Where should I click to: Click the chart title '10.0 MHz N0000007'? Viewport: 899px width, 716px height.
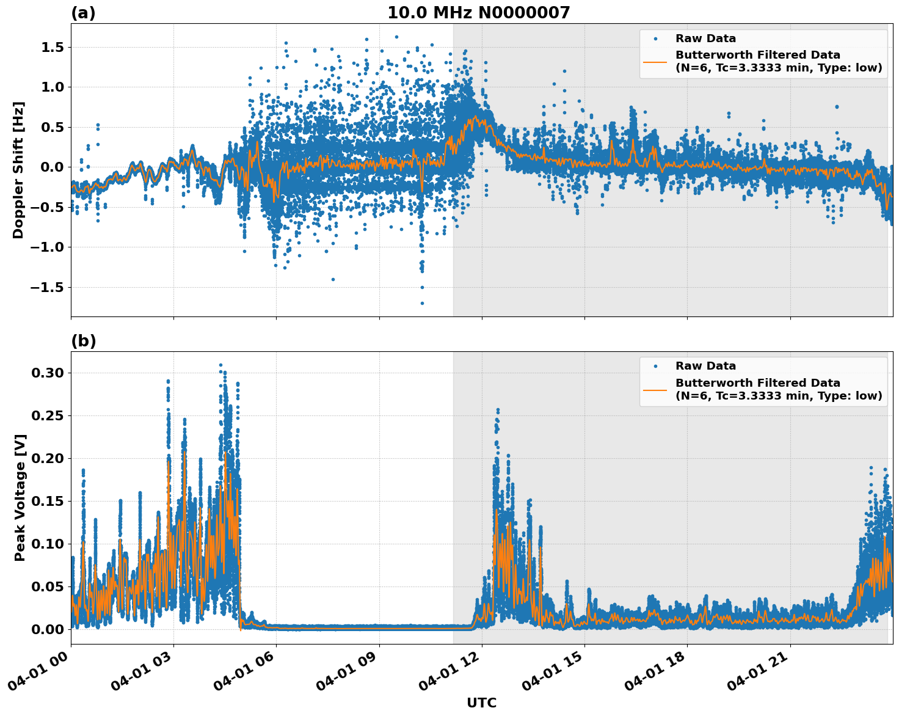(x=478, y=13)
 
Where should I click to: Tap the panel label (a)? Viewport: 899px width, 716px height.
(x=83, y=13)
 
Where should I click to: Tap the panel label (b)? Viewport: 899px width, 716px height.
(x=83, y=341)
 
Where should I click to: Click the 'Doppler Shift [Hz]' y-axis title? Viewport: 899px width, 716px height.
(x=18, y=170)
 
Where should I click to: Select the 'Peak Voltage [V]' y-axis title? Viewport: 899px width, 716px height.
(x=21, y=497)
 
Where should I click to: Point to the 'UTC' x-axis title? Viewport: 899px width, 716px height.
(x=481, y=703)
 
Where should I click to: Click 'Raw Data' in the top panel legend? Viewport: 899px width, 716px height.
(x=705, y=38)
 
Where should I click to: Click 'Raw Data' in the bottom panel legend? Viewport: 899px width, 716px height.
(x=705, y=366)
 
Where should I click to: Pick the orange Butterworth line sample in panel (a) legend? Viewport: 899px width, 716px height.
(x=655, y=61)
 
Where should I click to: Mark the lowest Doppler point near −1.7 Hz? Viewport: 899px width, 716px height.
(x=422, y=303)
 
